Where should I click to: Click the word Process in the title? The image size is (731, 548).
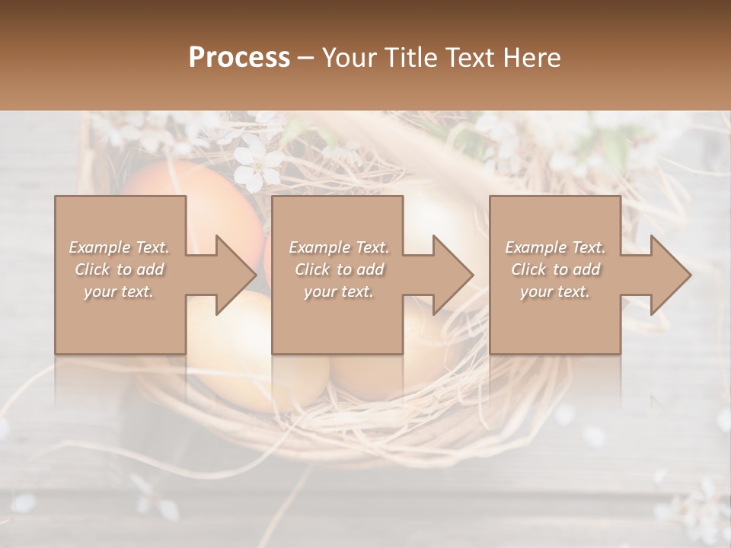click(239, 58)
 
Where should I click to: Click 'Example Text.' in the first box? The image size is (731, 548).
click(119, 247)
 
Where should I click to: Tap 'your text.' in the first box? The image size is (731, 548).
click(119, 292)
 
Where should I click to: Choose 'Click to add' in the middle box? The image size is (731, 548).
click(339, 269)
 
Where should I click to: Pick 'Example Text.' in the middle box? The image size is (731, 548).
click(339, 247)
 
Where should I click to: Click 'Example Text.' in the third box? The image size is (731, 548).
click(555, 247)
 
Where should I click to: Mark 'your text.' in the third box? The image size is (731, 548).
click(555, 292)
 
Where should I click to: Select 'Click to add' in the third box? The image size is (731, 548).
click(555, 269)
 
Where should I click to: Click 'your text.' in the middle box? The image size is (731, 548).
click(339, 292)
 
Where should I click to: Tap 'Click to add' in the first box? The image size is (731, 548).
click(119, 269)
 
